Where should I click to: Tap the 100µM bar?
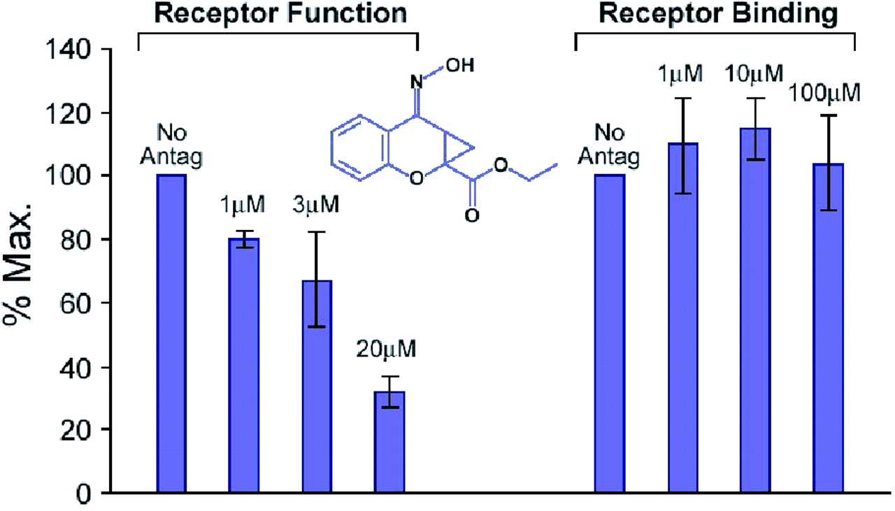[828, 329]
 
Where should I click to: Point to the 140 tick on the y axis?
[70, 50]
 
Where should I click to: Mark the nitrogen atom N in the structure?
[417, 83]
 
